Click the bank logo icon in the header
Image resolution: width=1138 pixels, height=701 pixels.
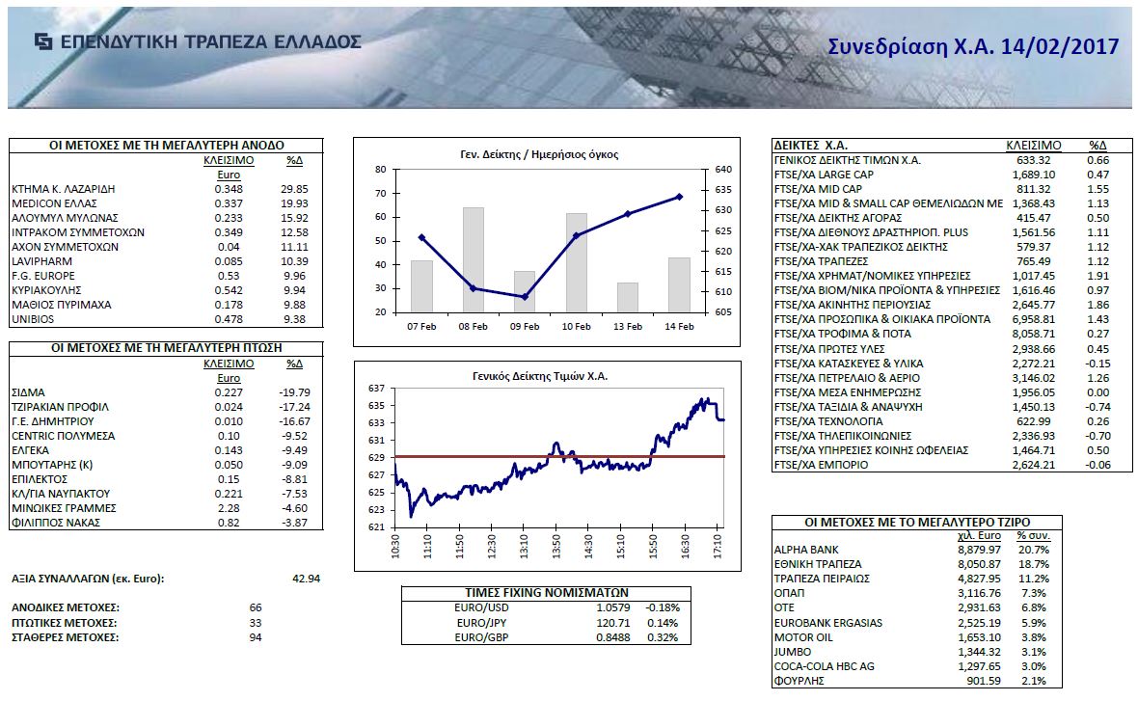(x=43, y=41)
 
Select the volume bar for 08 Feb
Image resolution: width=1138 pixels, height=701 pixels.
(x=474, y=259)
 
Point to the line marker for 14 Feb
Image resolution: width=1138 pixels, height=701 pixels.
(x=680, y=197)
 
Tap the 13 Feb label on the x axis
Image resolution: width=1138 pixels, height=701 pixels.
(x=628, y=327)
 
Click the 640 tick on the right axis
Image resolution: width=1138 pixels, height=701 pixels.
(x=725, y=170)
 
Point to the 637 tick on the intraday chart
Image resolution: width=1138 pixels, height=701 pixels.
(x=376, y=388)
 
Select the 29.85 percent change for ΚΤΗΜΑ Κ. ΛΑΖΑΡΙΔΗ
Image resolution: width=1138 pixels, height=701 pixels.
(x=295, y=189)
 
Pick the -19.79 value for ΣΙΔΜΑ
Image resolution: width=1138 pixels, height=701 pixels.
(x=294, y=392)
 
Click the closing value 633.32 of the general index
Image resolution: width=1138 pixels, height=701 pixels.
(x=1036, y=160)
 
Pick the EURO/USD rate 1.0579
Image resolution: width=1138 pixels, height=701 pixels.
(x=612, y=607)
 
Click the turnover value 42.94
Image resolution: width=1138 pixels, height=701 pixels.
(x=305, y=579)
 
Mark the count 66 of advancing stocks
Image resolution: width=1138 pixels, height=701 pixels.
(x=256, y=607)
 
